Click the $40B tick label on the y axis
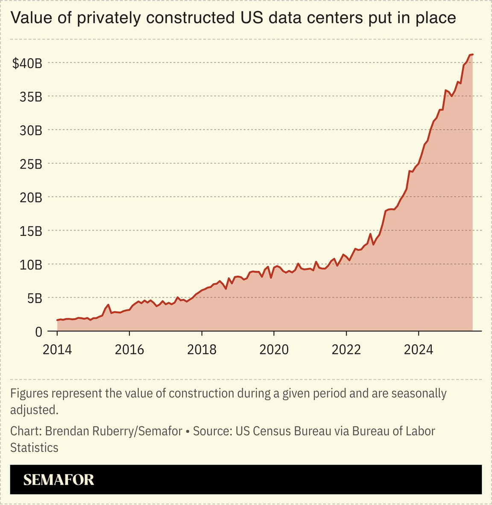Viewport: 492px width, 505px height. [27, 63]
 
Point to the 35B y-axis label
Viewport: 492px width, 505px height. [31, 97]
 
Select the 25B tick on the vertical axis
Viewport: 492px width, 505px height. [31, 164]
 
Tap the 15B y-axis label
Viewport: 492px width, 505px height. [31, 231]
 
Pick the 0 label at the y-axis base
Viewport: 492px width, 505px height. [39, 332]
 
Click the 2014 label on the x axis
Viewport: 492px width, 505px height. [57, 350]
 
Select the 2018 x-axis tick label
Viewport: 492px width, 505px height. [202, 350]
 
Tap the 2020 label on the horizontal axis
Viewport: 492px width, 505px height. [274, 350]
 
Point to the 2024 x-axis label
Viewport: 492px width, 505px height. [419, 350]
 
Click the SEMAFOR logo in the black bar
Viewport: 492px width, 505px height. [59, 480]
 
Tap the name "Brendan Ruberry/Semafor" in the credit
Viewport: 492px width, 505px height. [114, 431]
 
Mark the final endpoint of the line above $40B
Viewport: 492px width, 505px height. [472, 54]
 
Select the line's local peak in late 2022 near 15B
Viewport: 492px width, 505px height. [370, 234]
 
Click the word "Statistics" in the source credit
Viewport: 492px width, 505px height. [34, 448]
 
